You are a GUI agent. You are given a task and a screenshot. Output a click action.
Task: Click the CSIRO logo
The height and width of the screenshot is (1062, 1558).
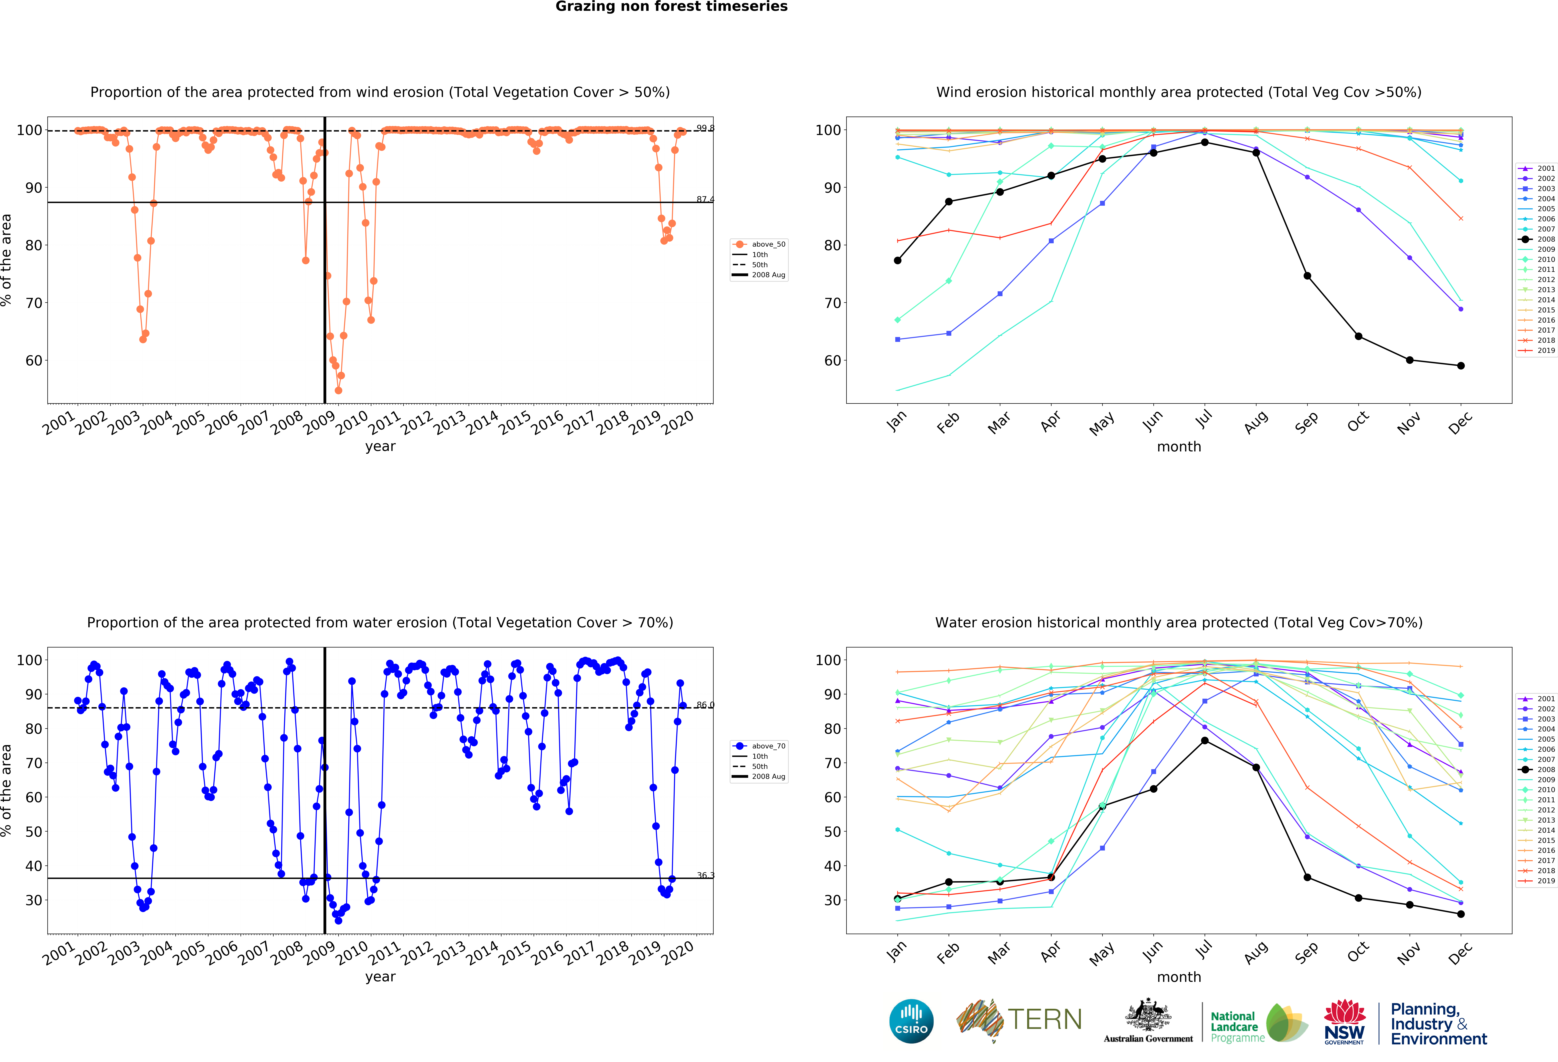tap(911, 1021)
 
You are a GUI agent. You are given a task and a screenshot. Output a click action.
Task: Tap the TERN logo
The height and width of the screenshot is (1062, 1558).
tap(1019, 1020)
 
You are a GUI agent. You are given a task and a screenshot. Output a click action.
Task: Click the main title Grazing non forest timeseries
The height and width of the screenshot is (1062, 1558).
tap(671, 7)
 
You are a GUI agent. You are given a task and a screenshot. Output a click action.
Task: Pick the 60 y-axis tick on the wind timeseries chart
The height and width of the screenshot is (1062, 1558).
tap(34, 361)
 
